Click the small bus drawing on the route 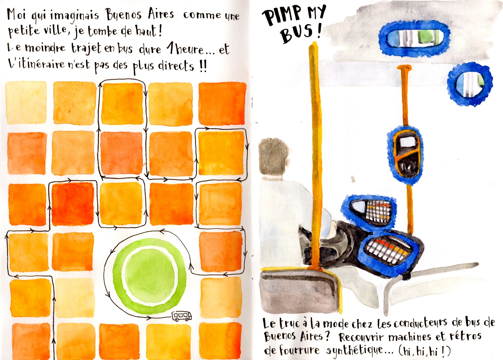pos(182,316)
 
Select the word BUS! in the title pos(301,34)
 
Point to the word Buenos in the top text pos(124,15)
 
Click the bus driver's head pos(274,158)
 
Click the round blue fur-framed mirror pos(470,84)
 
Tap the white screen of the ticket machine pos(408,143)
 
